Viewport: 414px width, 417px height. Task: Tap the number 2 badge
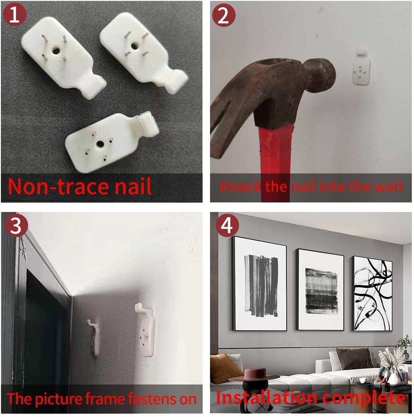coord(224,15)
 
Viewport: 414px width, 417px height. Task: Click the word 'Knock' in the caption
coord(241,186)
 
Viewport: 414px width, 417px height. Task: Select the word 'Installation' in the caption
coord(266,398)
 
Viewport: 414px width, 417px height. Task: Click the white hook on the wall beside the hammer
coord(361,68)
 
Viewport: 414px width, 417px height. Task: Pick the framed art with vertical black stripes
coord(259,283)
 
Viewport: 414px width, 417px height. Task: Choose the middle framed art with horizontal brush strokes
coord(320,290)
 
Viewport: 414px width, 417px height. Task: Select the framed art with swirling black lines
coord(372,294)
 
